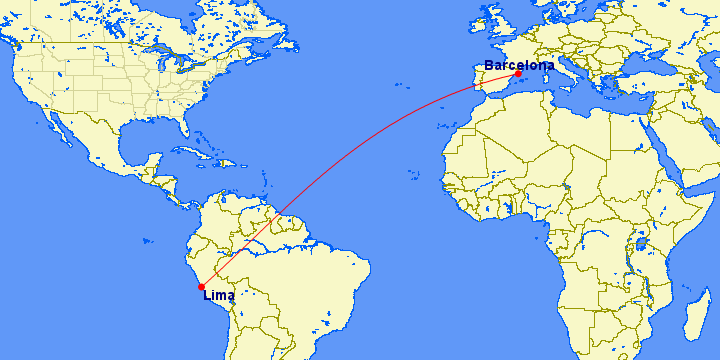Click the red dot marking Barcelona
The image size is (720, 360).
(518, 74)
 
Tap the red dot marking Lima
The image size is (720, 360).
(202, 287)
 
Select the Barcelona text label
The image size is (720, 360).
(518, 65)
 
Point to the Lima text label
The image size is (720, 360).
(218, 295)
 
